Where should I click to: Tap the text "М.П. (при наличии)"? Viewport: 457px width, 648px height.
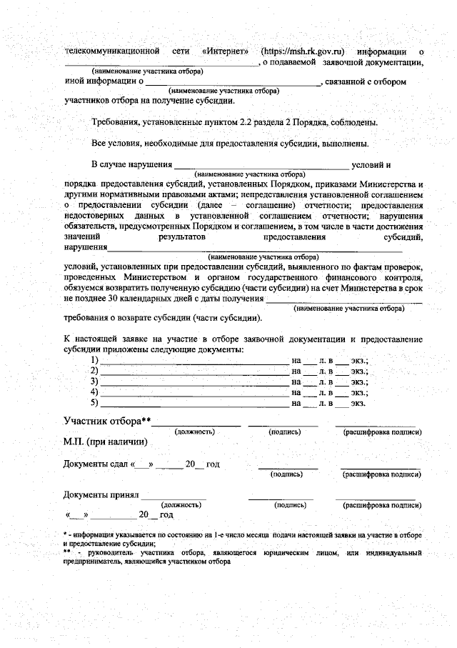pyautogui.click(x=106, y=442)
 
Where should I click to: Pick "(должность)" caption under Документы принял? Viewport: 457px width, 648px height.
pyautogui.click(x=182, y=504)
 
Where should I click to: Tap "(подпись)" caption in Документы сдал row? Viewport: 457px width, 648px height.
pyautogui.click(x=286, y=474)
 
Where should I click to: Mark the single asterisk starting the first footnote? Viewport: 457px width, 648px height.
pyautogui.click(x=65, y=534)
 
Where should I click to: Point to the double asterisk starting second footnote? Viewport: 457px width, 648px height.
pyautogui.click(x=67, y=552)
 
